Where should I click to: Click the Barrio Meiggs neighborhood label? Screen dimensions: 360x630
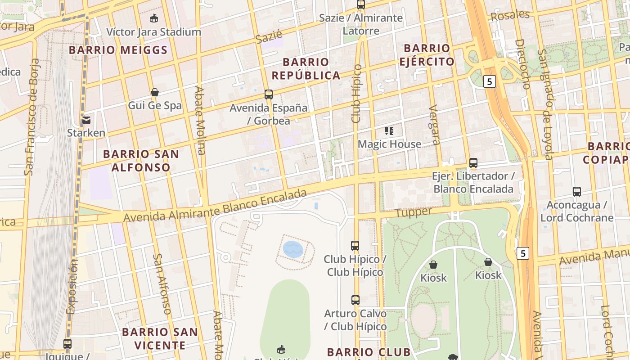[x=118, y=50]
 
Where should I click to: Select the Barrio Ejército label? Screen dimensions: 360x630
[x=427, y=54]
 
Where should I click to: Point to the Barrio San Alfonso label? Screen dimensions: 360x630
[x=141, y=161]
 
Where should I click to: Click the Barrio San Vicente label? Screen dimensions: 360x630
[x=160, y=339]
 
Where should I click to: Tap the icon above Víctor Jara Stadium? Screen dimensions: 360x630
[x=154, y=18]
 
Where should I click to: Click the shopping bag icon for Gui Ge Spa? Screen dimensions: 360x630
[x=155, y=92]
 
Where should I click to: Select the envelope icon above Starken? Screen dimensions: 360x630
[x=86, y=120]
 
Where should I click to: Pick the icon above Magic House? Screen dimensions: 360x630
[x=390, y=131]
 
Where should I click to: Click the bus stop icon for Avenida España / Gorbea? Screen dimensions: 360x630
[x=269, y=94]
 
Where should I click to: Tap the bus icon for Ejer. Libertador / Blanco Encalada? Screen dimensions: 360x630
[x=473, y=163]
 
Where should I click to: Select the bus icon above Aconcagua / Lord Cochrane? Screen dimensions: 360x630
[x=577, y=192]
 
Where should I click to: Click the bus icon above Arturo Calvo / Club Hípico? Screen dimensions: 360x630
[x=355, y=300]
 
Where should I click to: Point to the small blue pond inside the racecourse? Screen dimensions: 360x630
[x=293, y=249]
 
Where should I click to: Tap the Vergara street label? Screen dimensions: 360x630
[x=435, y=125]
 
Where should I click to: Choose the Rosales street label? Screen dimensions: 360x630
[x=510, y=15]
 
